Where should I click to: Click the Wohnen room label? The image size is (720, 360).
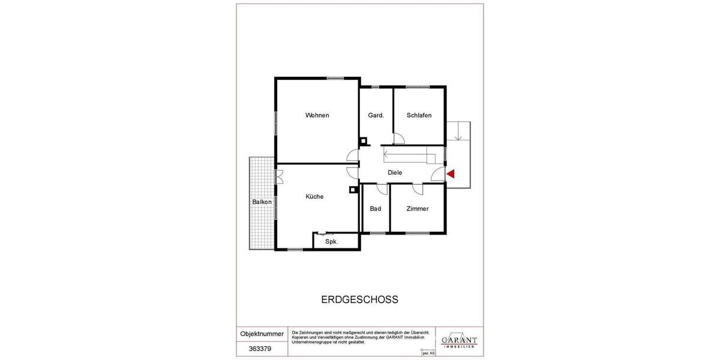[317, 115]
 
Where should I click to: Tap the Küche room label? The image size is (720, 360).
[314, 196]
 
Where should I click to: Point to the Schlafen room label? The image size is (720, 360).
[419, 115]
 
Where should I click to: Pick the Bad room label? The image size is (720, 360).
[376, 209]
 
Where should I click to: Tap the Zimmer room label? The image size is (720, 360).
[417, 209]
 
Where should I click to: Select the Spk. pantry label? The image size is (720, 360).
[331, 242]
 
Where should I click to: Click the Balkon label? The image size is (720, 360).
[262, 202]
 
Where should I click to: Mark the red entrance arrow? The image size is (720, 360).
[451, 173]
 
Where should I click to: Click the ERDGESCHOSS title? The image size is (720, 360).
[360, 299]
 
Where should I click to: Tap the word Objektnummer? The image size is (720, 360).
[262, 333]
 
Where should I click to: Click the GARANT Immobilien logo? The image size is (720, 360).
[459, 341]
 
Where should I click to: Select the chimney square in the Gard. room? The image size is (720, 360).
[363, 142]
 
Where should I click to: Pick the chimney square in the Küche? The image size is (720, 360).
[353, 190]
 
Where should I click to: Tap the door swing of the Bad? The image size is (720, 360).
[382, 188]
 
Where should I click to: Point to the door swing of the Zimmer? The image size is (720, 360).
[418, 189]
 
